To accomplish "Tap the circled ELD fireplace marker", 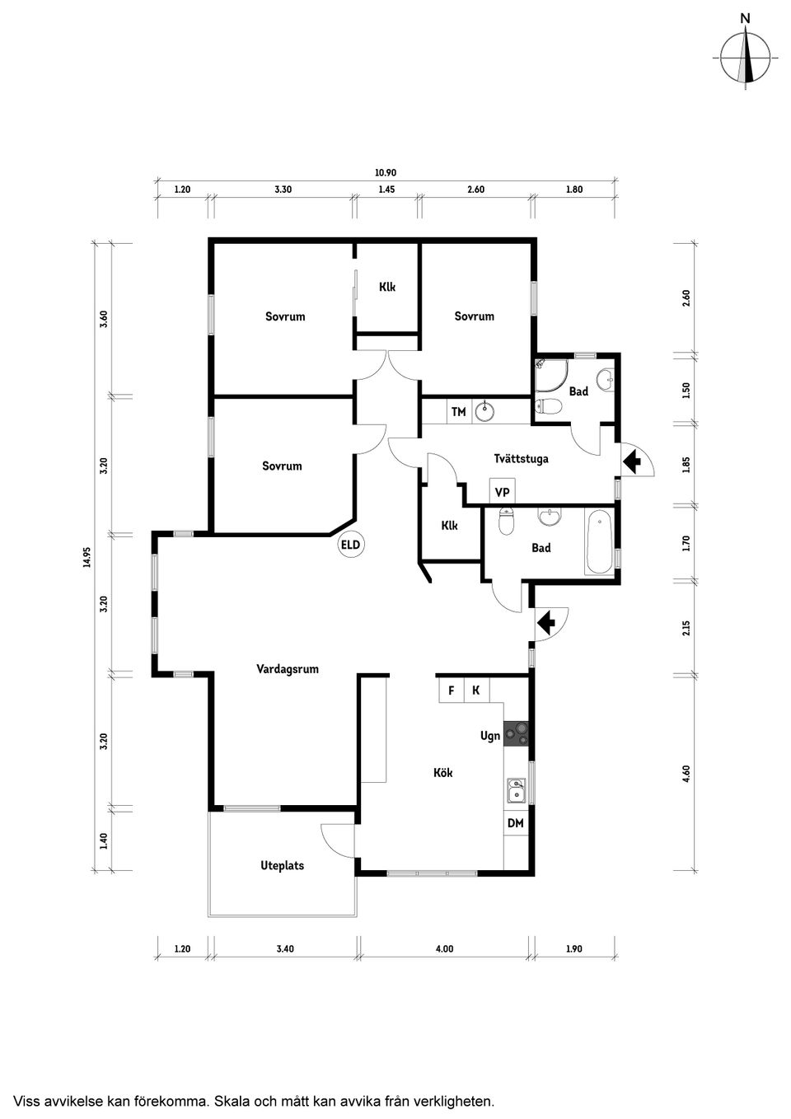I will tap(350, 545).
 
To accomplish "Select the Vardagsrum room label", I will tap(287, 669).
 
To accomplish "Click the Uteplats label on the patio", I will tap(282, 865).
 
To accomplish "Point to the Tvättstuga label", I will tap(521, 458).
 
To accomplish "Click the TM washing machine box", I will tap(459, 412).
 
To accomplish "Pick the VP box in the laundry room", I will tap(502, 493).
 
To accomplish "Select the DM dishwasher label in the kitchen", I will tap(515, 823).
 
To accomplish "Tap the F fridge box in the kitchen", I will tap(451, 691).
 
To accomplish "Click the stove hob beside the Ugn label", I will tap(517, 733).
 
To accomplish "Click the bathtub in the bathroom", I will tap(599, 543).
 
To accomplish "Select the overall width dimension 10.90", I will tap(386, 173).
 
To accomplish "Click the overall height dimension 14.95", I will tap(87, 558).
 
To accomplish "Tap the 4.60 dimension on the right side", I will tap(686, 774).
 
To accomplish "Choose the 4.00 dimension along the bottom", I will tap(444, 949).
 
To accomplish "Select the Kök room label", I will tap(443, 773).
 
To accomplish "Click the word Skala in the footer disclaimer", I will tap(237, 1100).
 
